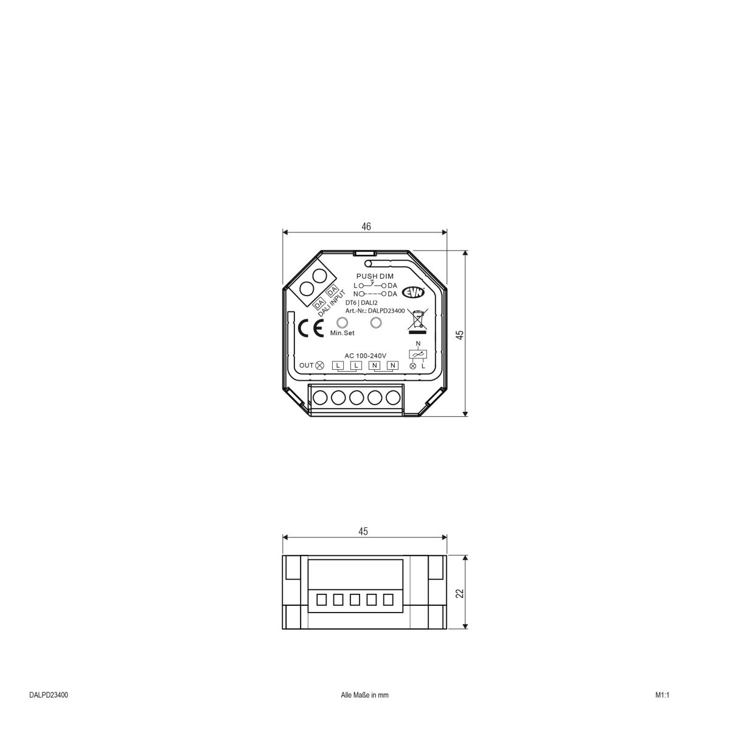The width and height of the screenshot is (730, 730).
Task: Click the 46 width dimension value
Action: [366, 226]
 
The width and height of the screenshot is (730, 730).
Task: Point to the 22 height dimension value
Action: [460, 593]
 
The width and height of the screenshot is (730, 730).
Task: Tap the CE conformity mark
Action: [310, 328]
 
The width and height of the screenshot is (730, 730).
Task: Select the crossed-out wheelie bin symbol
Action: [417, 322]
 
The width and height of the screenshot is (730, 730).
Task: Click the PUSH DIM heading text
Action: [375, 276]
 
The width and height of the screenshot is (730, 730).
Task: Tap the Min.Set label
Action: [342, 333]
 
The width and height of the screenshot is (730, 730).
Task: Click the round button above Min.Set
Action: [342, 323]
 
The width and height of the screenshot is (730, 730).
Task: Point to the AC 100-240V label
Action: [366, 355]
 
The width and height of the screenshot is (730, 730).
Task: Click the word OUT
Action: [306, 366]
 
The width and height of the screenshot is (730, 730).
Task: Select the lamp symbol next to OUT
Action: [320, 366]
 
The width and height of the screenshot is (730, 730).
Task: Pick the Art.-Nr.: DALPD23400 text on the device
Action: [375, 310]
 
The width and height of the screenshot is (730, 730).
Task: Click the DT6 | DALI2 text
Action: [361, 302]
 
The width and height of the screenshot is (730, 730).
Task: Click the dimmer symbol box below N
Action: [417, 353]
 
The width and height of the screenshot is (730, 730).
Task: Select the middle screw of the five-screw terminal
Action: [356, 398]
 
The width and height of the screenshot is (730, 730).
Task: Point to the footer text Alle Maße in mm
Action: [364, 695]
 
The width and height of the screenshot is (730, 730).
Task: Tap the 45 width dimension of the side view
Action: [363, 532]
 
